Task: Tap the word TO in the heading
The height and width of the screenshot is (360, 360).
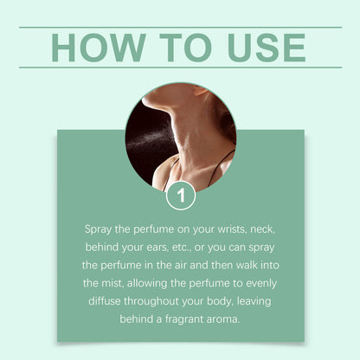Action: pyautogui.click(x=186, y=48)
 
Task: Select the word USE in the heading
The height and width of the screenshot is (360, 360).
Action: pyautogui.click(x=267, y=48)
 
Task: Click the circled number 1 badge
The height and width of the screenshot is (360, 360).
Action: pyautogui.click(x=181, y=196)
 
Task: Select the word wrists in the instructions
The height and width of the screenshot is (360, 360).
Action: pyautogui.click(x=232, y=229)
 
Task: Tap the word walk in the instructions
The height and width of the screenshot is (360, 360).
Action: pyautogui.click(x=247, y=266)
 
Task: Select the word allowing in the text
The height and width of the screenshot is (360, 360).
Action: pyautogui.click(x=147, y=284)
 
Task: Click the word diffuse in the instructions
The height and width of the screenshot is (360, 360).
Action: pyautogui.click(x=105, y=301)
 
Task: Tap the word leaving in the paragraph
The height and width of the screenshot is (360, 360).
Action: pyautogui.click(x=254, y=302)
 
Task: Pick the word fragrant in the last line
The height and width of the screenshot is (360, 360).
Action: pyautogui.click(x=184, y=319)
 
